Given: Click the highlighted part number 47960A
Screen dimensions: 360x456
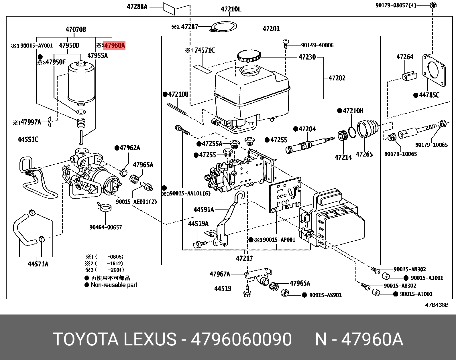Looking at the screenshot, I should click(x=114, y=45).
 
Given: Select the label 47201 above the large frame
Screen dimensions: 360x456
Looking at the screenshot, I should click(x=271, y=29).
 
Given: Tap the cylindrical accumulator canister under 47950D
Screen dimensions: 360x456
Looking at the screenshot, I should click(x=81, y=83).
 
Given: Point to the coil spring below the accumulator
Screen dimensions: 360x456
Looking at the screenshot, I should click(x=82, y=123).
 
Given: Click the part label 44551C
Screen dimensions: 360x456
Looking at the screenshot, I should click(x=28, y=139).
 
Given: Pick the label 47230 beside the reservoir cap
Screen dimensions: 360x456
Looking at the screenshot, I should click(x=307, y=57).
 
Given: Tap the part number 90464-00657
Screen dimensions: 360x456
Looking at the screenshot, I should click(x=105, y=227).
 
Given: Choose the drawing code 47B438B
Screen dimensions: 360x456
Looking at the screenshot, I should click(x=437, y=305).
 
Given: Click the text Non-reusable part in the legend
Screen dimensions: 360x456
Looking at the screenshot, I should click(x=114, y=285).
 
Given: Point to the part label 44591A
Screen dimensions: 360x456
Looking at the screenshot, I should click(x=204, y=210).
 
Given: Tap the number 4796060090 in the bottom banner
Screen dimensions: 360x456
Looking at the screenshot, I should click(x=241, y=339).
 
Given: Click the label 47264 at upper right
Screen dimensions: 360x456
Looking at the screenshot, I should click(x=405, y=57).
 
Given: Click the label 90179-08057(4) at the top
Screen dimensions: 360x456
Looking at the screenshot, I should click(x=396, y=5).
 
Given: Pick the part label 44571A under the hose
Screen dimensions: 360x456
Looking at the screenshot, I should click(x=38, y=264).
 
